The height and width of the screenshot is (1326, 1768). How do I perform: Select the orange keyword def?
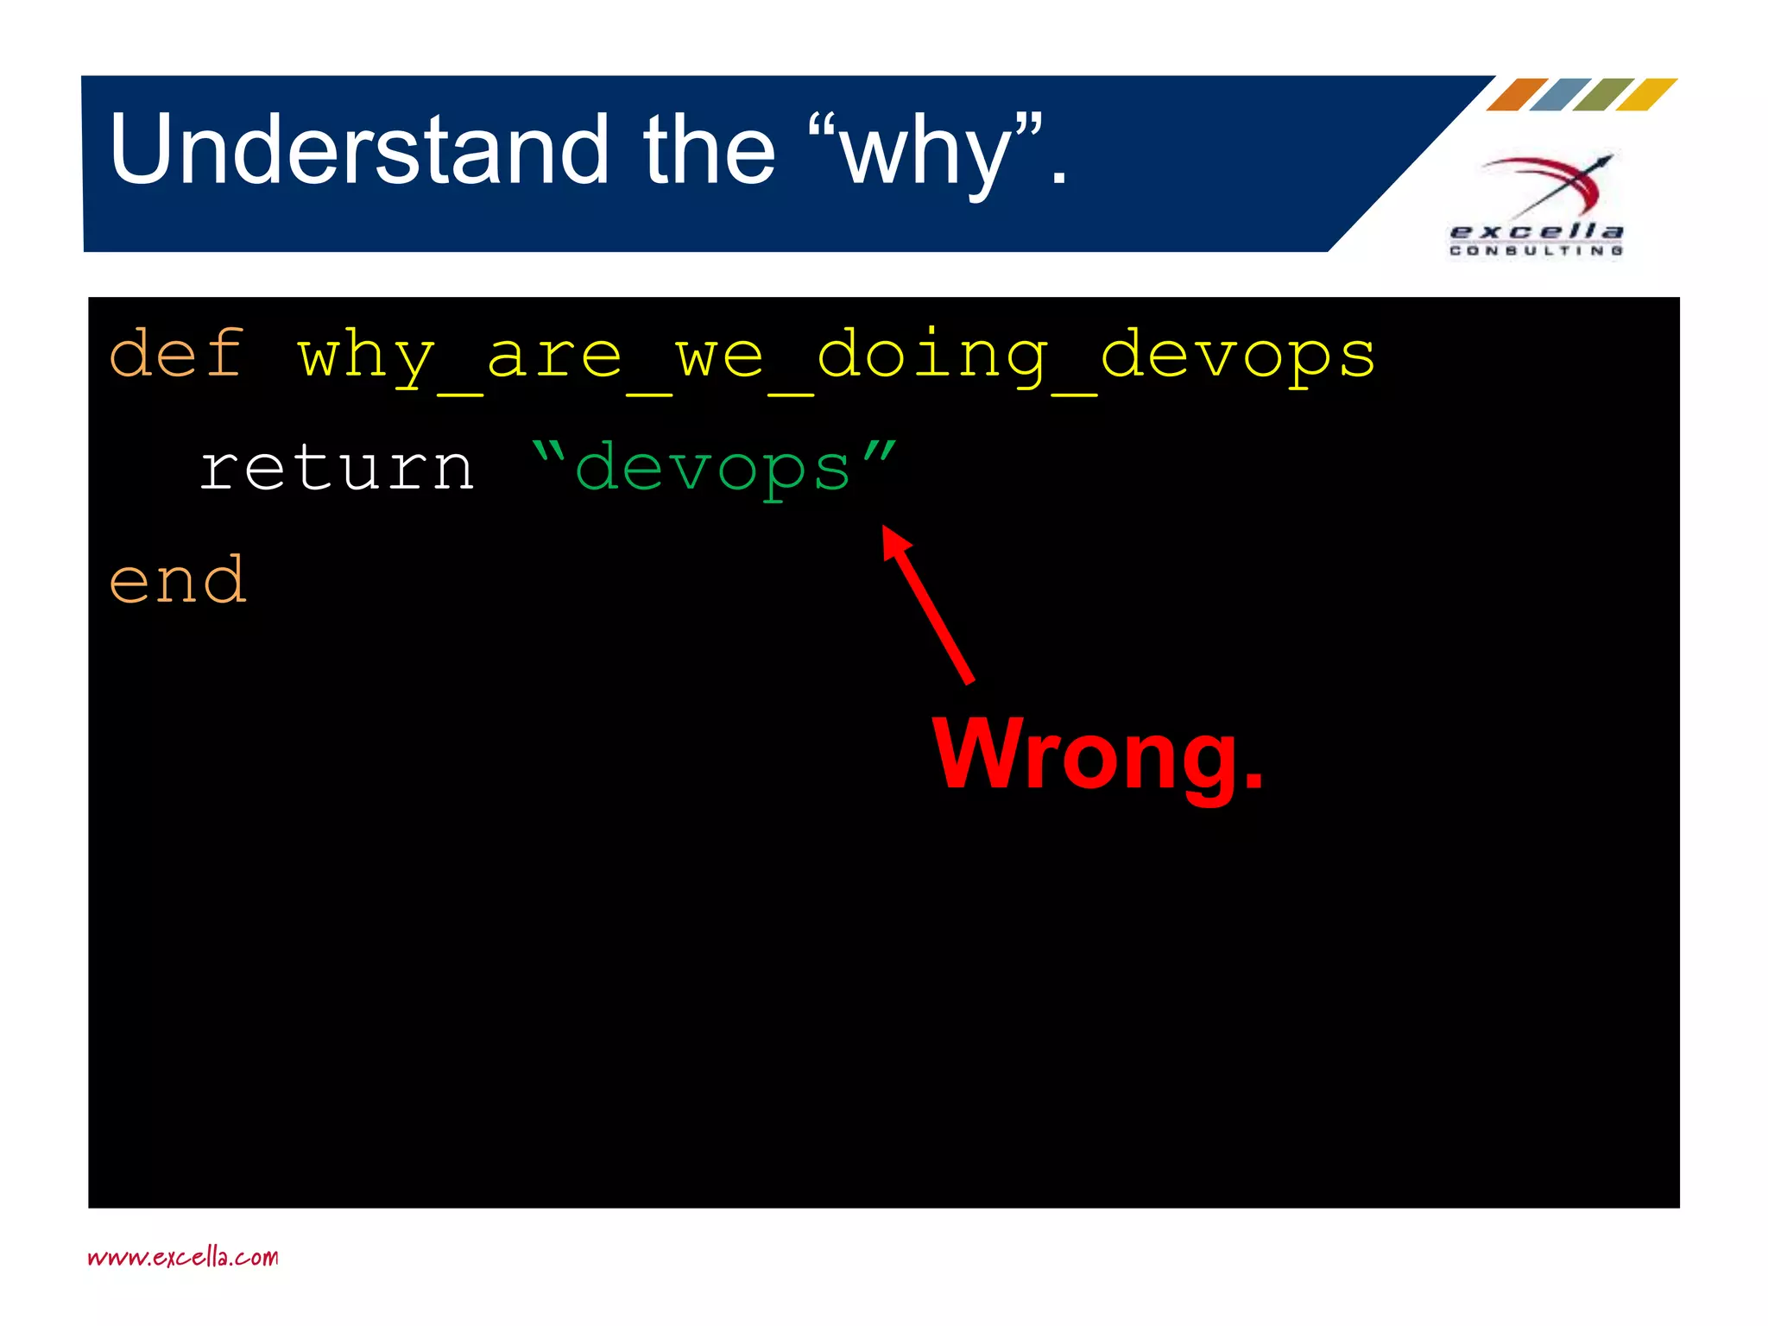(x=177, y=354)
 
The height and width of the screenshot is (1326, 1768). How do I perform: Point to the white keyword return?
(x=337, y=468)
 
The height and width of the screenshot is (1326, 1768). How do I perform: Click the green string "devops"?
(x=713, y=468)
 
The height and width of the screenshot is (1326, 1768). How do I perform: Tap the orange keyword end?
(x=177, y=580)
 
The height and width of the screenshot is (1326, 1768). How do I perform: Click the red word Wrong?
(x=1096, y=755)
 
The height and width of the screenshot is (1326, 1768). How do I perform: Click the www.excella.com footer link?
(x=183, y=1257)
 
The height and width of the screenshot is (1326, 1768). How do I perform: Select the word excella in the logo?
(x=1536, y=231)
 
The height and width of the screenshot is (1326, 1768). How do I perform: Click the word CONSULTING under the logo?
(x=1536, y=251)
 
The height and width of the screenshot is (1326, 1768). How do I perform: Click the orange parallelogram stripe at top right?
(x=1517, y=94)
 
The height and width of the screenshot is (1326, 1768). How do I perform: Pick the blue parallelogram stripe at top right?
(x=1560, y=94)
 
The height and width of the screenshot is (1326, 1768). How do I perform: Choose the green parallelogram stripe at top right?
(x=1603, y=94)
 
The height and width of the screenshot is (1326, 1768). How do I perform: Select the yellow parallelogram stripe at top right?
(x=1646, y=94)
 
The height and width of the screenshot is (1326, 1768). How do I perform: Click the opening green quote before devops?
(x=549, y=451)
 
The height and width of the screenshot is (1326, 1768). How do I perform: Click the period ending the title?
(x=1058, y=179)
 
